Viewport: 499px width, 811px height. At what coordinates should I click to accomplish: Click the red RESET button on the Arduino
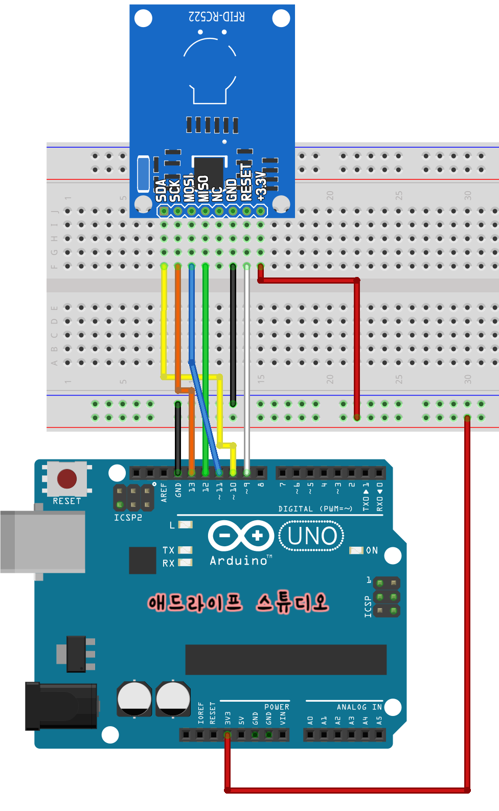click(x=67, y=479)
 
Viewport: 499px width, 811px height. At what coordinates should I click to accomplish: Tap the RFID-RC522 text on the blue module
click(x=217, y=16)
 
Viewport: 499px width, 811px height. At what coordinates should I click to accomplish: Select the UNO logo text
click(x=312, y=536)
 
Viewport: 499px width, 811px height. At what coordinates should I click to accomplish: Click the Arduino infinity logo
click(x=241, y=536)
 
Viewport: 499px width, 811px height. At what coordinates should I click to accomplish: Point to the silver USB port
click(x=43, y=541)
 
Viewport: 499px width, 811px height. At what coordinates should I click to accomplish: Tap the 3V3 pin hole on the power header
click(x=228, y=735)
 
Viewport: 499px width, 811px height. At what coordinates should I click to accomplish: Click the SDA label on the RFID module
click(x=162, y=190)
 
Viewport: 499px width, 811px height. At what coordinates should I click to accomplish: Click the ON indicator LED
click(x=356, y=550)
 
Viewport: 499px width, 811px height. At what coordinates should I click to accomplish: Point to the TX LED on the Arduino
click(x=185, y=550)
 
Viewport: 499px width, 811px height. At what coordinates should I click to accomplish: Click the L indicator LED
click(x=185, y=525)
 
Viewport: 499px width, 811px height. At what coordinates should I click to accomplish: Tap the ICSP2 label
click(x=128, y=518)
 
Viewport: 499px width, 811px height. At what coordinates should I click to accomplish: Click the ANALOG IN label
click(x=359, y=707)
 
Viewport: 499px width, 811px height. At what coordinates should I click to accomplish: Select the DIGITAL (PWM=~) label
click(x=315, y=509)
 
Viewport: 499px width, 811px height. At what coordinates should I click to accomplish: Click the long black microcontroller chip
click(x=286, y=659)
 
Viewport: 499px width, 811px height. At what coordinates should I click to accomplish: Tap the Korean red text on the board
click(x=238, y=603)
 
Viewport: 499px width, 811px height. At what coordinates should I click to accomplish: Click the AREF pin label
click(x=164, y=493)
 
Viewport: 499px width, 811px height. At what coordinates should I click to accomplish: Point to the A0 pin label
click(x=310, y=721)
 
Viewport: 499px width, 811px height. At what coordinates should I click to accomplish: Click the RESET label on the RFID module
click(x=246, y=182)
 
